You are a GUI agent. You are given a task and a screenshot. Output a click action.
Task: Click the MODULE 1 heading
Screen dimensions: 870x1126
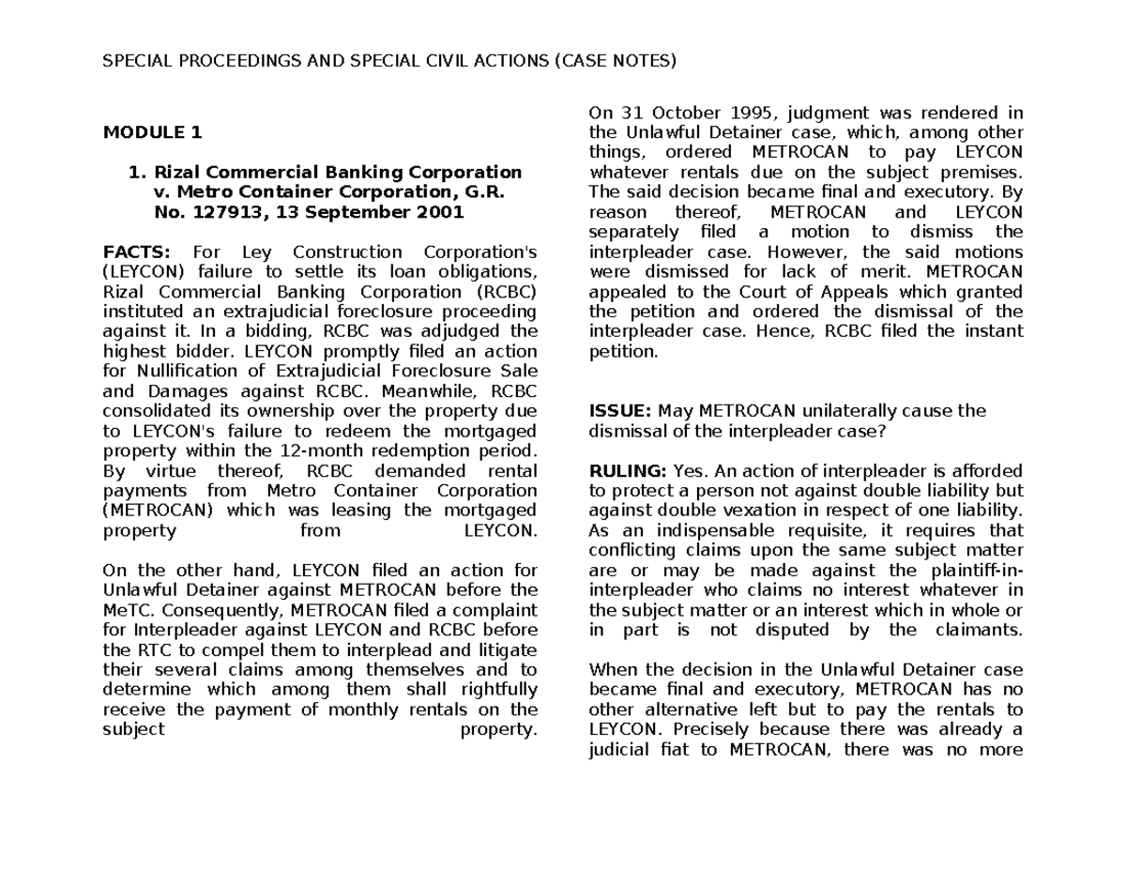tap(152, 132)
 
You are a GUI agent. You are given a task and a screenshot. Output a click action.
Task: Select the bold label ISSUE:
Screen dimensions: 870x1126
tap(619, 410)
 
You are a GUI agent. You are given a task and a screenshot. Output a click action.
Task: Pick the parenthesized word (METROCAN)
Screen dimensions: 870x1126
tap(158, 511)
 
